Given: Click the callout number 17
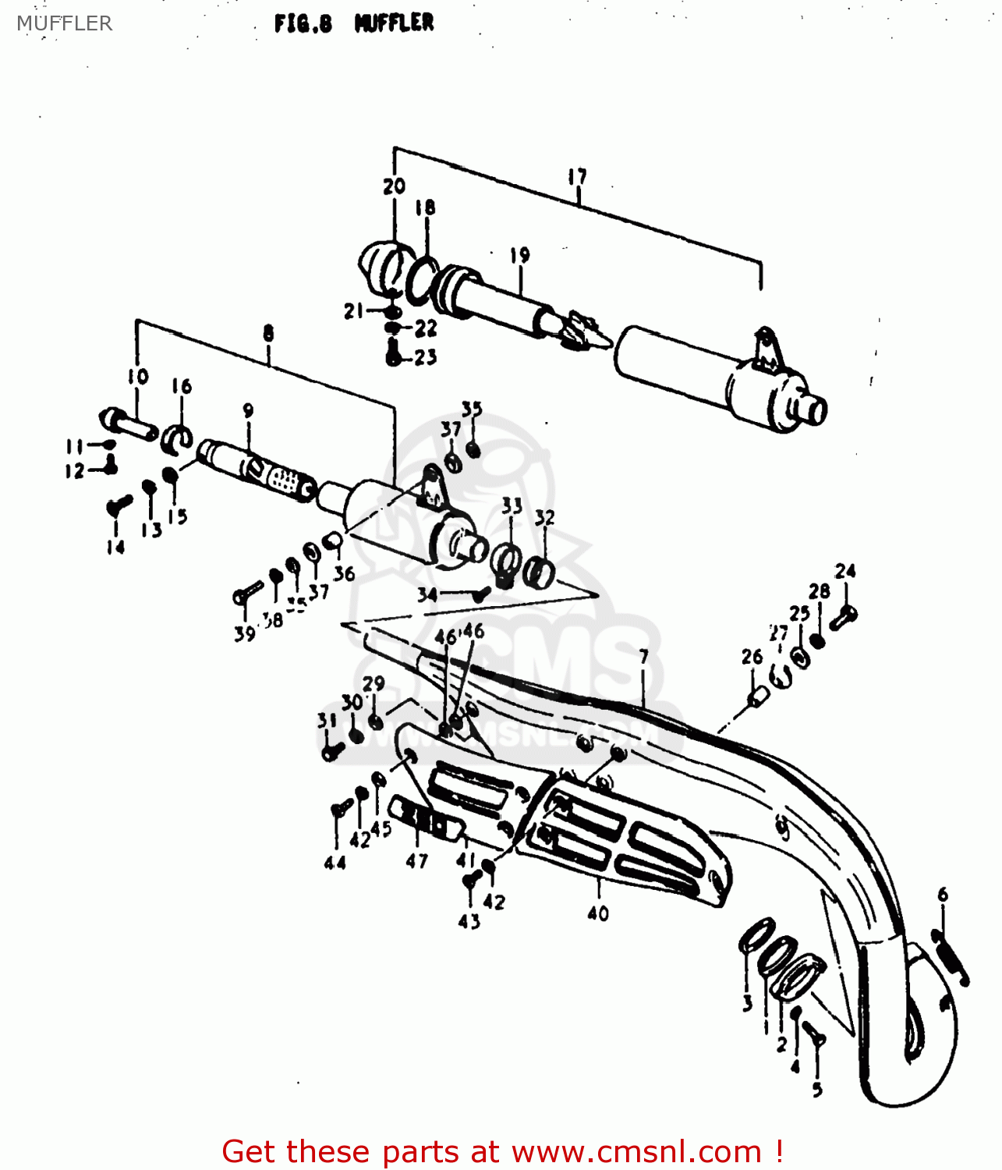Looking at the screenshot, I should [x=577, y=177].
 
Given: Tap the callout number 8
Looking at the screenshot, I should [x=268, y=334].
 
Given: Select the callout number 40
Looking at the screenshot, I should [x=598, y=913].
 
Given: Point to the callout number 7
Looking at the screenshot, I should [x=643, y=657].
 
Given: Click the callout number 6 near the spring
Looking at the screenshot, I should [x=943, y=894].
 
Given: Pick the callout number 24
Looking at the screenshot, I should [x=845, y=572].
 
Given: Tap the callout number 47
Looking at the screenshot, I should [x=417, y=861].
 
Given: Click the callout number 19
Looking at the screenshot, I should [x=520, y=255].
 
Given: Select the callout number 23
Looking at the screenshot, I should [x=425, y=357].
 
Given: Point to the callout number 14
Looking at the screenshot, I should [x=115, y=547].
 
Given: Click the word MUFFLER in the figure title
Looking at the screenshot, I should [x=394, y=23].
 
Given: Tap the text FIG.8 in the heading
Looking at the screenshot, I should [x=303, y=23].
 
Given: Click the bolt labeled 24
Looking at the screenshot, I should [x=843, y=618].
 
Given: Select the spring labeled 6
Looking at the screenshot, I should [x=951, y=956].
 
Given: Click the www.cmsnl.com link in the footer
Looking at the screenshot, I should [x=636, y=1151].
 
